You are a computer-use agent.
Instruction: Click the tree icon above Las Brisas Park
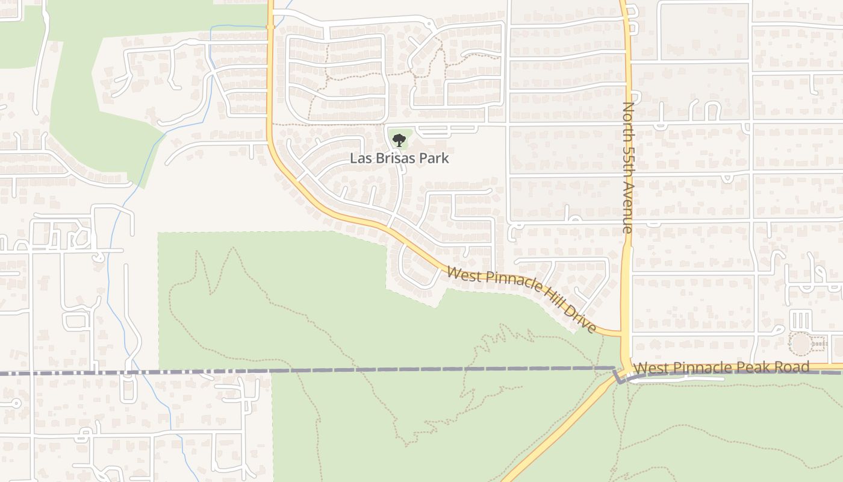point(399,141)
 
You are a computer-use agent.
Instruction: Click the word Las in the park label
point(360,158)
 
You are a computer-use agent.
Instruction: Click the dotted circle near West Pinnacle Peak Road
point(801,344)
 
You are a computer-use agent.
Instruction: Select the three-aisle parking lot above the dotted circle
point(800,319)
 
